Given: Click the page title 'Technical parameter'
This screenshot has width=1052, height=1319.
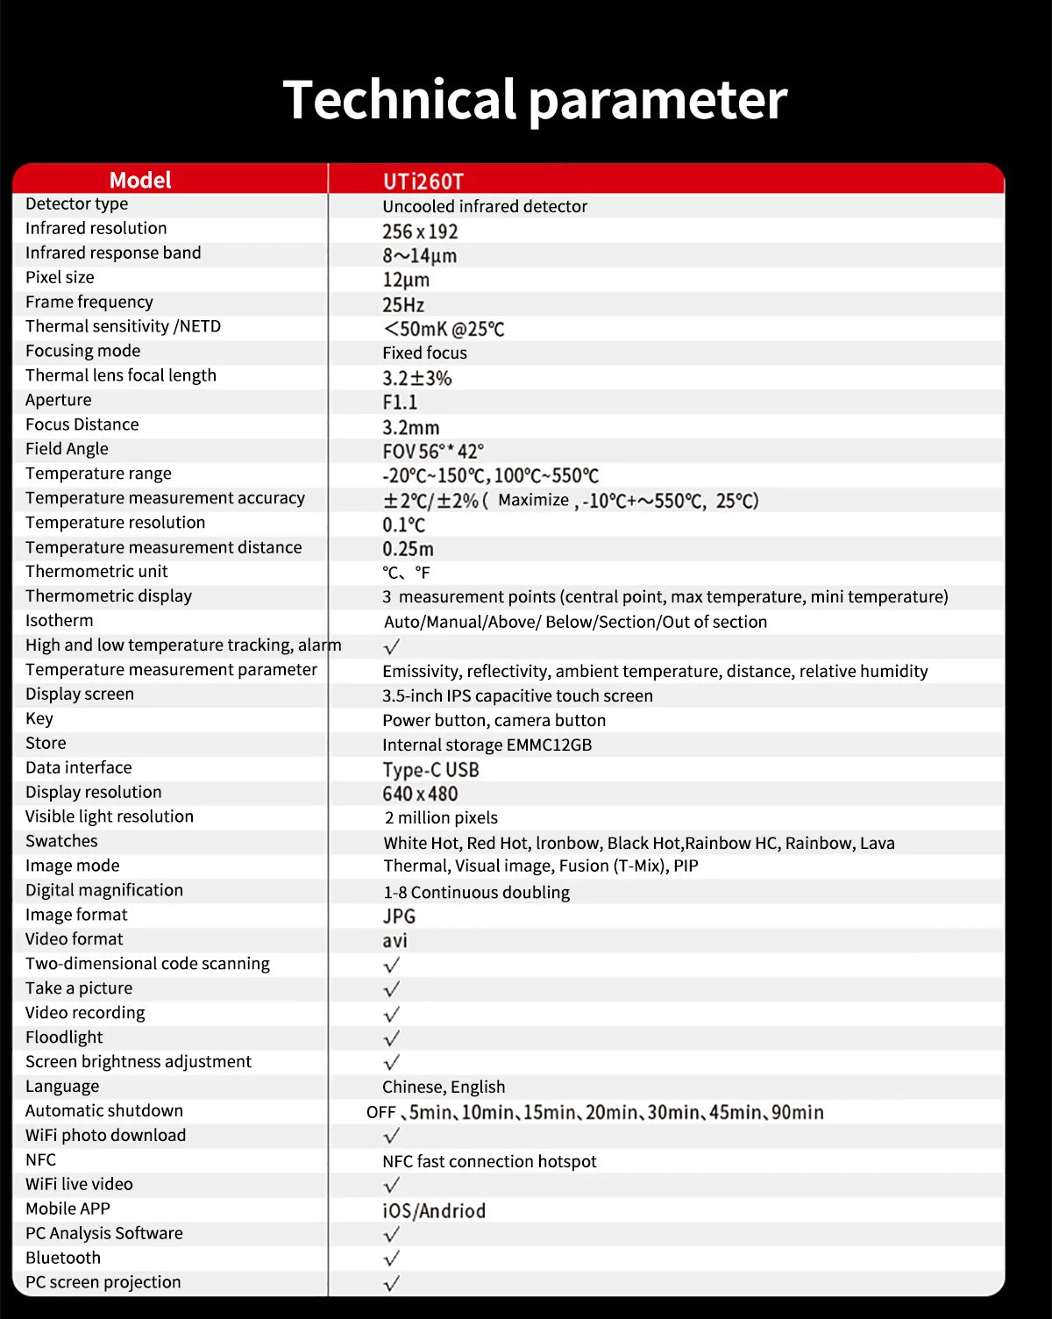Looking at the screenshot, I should point(535,99).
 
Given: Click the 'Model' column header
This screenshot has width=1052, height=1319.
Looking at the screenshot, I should point(140,180).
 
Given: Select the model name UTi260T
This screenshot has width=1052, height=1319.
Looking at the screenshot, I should point(423,182).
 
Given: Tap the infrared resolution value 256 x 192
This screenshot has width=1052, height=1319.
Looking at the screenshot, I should point(420,232).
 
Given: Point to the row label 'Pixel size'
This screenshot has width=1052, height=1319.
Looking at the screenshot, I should point(60,277).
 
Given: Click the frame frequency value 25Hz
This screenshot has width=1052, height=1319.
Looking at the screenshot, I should point(403,305).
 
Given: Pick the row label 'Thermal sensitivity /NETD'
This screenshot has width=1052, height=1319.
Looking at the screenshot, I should point(123,326).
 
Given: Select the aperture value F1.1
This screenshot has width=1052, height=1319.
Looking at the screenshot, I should point(400,403).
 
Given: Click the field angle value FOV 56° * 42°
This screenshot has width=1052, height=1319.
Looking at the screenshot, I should point(433,452).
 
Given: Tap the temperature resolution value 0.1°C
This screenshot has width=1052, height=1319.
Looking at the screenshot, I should point(403,525).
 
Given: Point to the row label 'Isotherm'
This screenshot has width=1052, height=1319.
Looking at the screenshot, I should point(59,621).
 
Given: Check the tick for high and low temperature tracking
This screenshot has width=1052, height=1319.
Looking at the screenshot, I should point(392,646).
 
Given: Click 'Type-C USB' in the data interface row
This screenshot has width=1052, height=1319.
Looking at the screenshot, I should point(430,770).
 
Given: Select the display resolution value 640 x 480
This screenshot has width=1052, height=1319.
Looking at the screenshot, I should point(420,795).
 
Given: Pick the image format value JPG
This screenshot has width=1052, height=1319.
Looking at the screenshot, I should point(399,916).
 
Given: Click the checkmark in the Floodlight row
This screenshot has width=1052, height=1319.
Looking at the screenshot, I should point(392,1039).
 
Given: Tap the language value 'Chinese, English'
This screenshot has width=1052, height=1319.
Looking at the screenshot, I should point(444,1087).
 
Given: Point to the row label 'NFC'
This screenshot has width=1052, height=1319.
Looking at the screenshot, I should point(40,1159).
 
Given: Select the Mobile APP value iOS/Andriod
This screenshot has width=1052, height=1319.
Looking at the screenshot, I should point(434,1211).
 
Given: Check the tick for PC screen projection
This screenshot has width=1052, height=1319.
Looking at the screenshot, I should point(392,1284).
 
